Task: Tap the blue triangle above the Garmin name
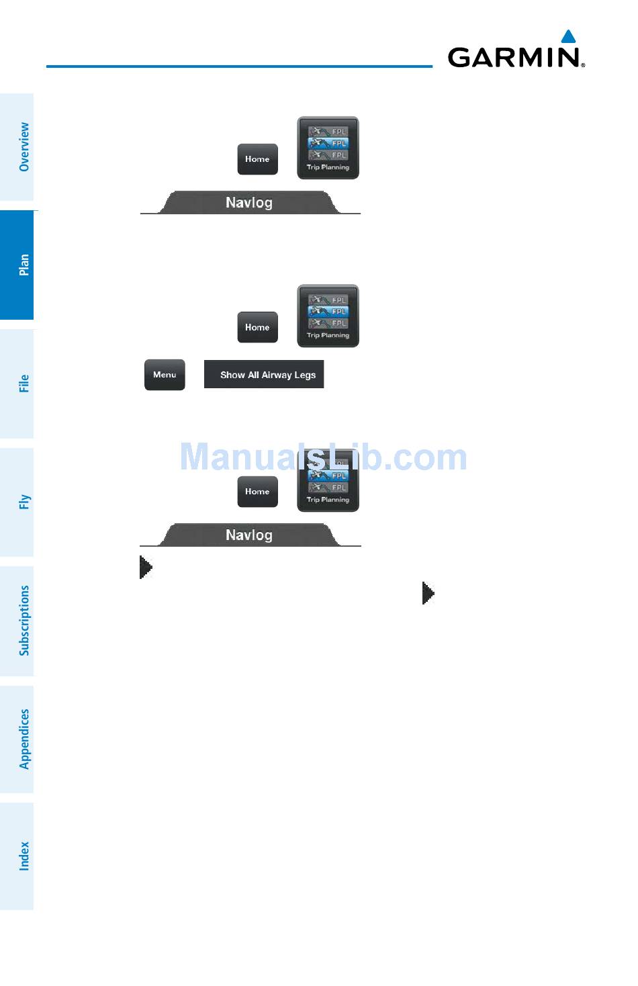point(568,36)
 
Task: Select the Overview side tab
point(24,146)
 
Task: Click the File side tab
point(24,384)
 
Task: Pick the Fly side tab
point(24,502)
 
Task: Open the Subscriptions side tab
point(24,620)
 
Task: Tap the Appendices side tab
point(24,739)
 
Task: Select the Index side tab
point(24,856)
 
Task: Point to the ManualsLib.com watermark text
point(323,457)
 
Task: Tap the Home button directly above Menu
point(257,327)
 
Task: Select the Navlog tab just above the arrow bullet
point(249,535)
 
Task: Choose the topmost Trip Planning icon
point(328,148)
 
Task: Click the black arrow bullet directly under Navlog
point(146,567)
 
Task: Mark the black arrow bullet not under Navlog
point(428,593)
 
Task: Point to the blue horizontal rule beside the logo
point(239,66)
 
